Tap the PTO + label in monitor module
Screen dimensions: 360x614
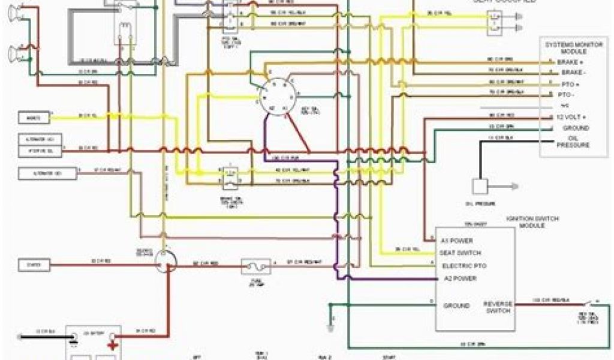564,83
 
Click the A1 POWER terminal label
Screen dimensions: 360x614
458,240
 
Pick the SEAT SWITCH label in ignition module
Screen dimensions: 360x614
460,253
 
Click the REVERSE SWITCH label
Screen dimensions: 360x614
498,307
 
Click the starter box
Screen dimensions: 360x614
34,263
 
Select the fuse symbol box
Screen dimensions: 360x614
255,266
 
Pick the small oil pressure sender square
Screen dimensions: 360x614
480,187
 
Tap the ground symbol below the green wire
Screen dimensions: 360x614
329,328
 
